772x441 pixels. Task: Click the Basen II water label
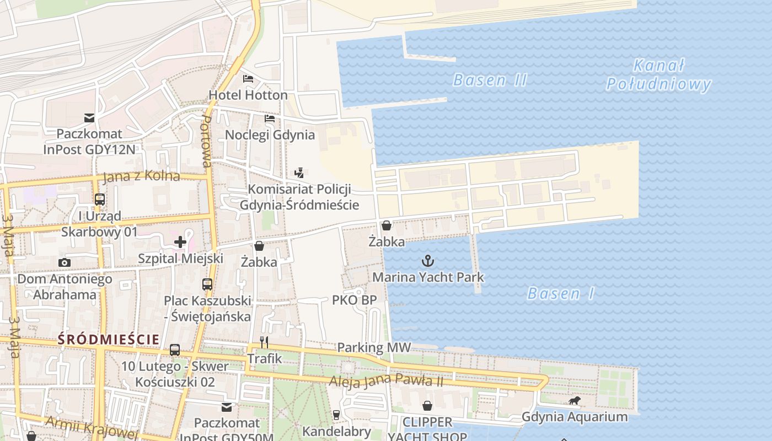(490, 80)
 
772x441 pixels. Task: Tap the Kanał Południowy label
(658, 75)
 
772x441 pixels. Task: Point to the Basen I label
(561, 293)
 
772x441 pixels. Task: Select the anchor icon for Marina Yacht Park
(427, 260)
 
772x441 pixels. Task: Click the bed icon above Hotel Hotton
(248, 79)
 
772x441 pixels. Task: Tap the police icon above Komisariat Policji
(299, 173)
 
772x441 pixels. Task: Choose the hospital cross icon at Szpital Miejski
(180, 241)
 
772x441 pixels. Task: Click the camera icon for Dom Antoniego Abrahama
(65, 262)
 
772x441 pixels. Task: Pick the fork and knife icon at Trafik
(264, 342)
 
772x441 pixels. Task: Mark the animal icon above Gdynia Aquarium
(575, 400)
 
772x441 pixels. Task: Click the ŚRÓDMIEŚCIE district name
(109, 340)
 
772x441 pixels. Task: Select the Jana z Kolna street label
(141, 176)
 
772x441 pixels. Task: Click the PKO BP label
(354, 300)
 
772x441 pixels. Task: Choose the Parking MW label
(374, 347)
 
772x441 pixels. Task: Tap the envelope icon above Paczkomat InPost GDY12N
(89, 117)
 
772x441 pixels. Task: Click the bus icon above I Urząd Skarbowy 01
(100, 200)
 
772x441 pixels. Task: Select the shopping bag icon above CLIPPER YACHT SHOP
(427, 406)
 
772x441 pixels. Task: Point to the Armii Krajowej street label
(92, 428)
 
